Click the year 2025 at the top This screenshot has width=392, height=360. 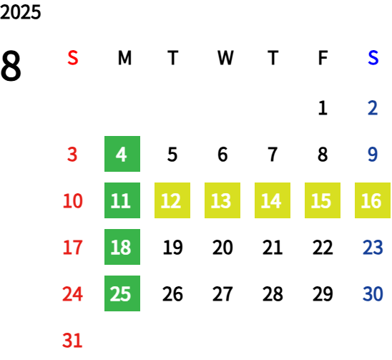coord(20,12)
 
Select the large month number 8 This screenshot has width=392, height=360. coord(11,66)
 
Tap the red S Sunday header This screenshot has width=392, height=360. coord(73,58)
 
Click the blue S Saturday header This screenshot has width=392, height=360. coord(373,58)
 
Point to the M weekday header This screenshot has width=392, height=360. coord(124,58)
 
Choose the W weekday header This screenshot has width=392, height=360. coord(225,58)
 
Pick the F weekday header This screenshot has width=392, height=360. coord(323,58)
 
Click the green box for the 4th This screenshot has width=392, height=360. coord(122,154)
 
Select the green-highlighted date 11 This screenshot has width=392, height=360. coord(122,200)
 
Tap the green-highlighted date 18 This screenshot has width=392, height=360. coord(122,247)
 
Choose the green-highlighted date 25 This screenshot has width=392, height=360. coord(122,293)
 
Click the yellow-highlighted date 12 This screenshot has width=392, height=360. coord(172,200)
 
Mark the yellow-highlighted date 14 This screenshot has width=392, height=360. coord(273,200)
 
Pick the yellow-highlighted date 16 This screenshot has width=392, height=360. coord(373,200)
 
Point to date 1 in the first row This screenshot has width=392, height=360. coord(323,108)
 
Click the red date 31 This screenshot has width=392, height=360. coord(72,340)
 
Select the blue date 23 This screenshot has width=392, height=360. coord(373,247)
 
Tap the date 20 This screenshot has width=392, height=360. coord(222,247)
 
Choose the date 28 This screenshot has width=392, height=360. coord(273,293)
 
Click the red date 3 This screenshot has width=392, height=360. coord(72,154)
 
